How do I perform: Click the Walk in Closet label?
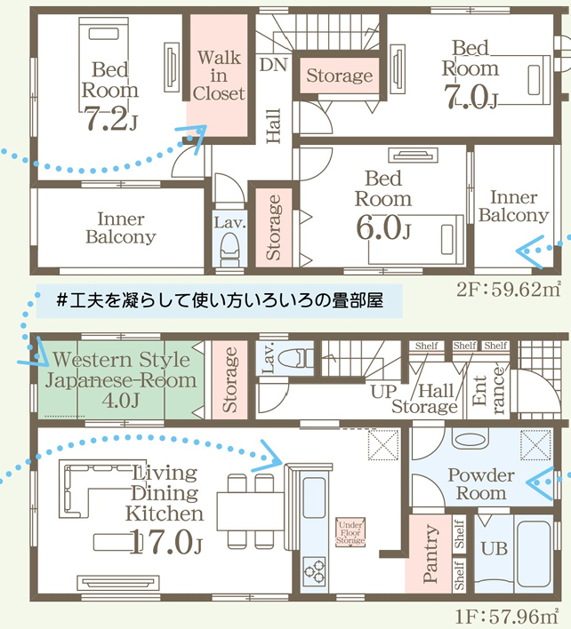click(219, 76)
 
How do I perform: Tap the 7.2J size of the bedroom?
click(111, 119)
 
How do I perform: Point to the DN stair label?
click(273, 65)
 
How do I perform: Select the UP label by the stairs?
click(384, 391)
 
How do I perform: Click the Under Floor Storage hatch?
click(350, 533)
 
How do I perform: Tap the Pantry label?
click(430, 553)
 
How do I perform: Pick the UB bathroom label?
click(494, 549)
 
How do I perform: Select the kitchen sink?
click(314, 498)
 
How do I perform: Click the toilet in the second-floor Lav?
click(229, 251)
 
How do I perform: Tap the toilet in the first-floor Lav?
click(298, 357)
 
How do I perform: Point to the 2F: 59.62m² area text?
click(509, 289)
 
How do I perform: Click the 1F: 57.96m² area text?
click(507, 617)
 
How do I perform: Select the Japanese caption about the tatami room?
click(220, 300)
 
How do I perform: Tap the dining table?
click(251, 512)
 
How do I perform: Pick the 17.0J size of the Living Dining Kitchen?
click(165, 542)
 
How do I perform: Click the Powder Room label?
click(481, 484)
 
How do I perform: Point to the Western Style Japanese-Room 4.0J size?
click(120, 401)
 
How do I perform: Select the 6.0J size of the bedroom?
click(383, 227)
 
